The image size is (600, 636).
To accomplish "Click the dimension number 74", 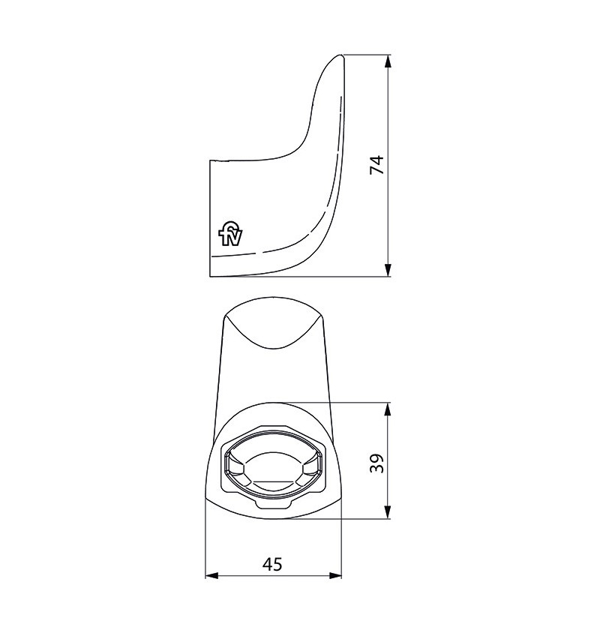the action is (x=377, y=164).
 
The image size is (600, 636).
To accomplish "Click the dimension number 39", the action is (x=377, y=463).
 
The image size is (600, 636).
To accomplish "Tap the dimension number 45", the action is (x=272, y=564).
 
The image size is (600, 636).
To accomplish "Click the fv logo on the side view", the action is (x=230, y=234).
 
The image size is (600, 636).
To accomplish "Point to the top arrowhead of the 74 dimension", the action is (x=388, y=61).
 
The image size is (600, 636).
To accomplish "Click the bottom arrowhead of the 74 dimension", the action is (x=388, y=270).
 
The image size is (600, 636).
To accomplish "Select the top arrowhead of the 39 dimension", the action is (x=388, y=409).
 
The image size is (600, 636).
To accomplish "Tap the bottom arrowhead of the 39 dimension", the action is (x=388, y=512).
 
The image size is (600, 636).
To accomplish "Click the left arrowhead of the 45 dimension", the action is (x=211, y=575).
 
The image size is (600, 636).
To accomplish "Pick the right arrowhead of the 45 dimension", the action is (x=335, y=575).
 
